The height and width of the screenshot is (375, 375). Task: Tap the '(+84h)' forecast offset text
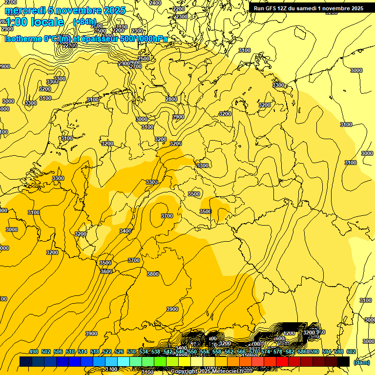84,22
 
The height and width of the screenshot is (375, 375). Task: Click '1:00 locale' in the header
34,22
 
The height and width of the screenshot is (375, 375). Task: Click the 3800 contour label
153,274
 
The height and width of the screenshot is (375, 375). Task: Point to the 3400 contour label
125,231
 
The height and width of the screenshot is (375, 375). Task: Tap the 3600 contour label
106,271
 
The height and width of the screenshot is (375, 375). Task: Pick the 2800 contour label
171,99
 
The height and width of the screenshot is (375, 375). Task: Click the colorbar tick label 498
34,352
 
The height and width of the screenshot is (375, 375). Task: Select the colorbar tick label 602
351,352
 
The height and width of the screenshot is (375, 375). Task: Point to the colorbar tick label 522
107,352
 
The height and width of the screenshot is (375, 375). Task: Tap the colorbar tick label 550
192,352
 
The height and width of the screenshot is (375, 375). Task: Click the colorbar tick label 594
326,352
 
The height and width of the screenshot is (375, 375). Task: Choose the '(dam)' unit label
362,362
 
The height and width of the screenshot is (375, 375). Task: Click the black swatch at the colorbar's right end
343,361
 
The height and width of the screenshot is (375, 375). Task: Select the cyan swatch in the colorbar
124,361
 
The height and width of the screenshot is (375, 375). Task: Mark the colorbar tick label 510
70,352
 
